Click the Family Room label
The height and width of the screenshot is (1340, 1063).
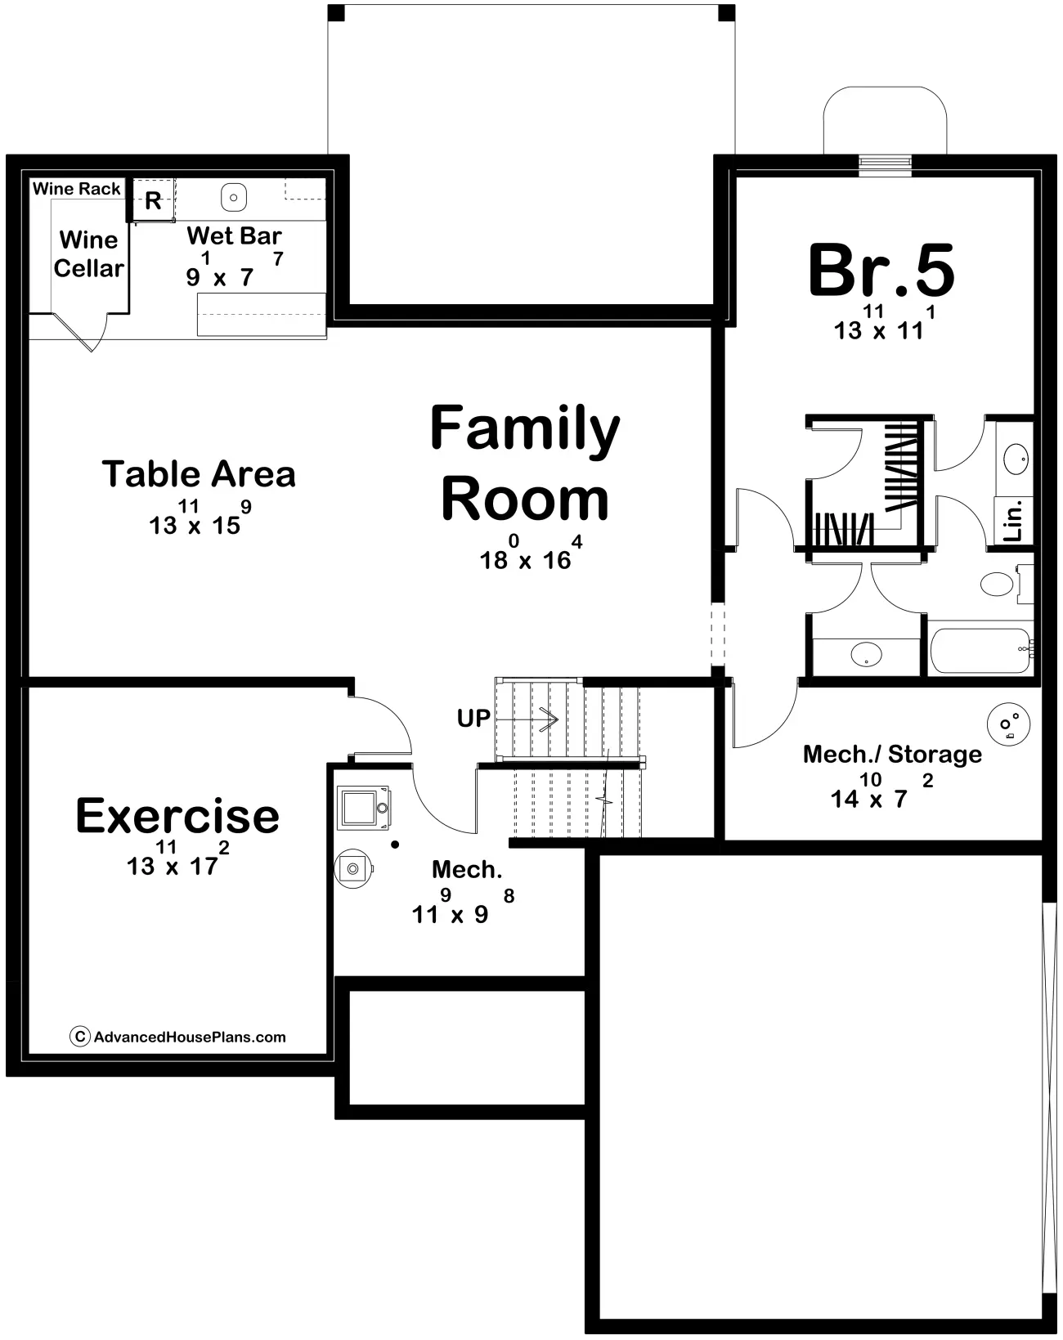pos(525,463)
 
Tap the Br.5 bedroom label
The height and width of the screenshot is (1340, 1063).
pos(881,271)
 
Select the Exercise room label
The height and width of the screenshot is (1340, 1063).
pos(177,816)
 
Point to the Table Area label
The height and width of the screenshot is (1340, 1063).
pos(199,474)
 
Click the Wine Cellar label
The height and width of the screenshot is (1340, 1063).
pos(89,254)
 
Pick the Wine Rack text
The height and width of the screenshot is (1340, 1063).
pos(77,189)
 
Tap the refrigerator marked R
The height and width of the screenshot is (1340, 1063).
pos(153,200)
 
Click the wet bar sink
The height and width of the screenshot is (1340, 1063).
pos(234,198)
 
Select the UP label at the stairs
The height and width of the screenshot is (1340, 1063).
pos(473,719)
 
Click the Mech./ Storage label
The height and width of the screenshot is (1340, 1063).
pos(892,754)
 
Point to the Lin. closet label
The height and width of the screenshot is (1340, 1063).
pos(1014,520)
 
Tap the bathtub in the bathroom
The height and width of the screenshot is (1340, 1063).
pos(981,651)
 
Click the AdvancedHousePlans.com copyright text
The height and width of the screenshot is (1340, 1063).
pos(178,1037)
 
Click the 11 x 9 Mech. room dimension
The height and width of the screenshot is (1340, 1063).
pos(464,907)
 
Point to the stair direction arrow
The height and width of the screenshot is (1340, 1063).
pos(527,719)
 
